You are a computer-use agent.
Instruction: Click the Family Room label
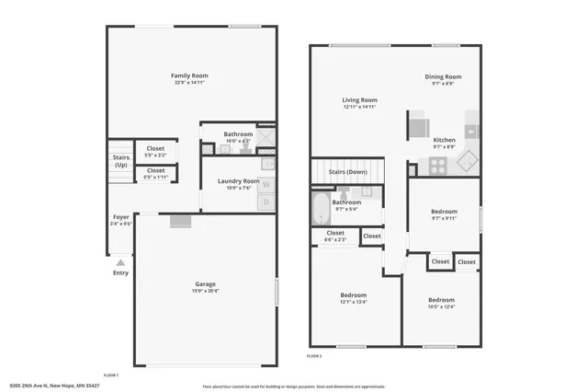click(190, 78)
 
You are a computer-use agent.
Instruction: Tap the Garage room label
click(205, 286)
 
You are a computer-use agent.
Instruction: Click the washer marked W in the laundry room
click(266, 184)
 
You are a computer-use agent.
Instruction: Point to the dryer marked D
click(266, 201)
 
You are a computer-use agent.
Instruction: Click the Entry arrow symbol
click(120, 262)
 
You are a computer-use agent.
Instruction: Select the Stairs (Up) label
click(121, 161)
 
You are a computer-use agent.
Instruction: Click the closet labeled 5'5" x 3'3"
click(155, 151)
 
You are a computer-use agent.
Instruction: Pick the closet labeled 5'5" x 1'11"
click(155, 172)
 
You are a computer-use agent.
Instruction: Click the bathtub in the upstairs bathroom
click(321, 208)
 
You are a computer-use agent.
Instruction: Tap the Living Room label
click(359, 103)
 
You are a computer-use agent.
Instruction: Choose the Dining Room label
click(443, 80)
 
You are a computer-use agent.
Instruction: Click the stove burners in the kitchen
click(438, 167)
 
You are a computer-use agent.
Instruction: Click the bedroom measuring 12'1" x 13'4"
click(354, 298)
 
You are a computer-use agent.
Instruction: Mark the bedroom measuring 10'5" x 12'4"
click(441, 303)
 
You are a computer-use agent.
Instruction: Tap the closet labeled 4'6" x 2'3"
click(335, 236)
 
